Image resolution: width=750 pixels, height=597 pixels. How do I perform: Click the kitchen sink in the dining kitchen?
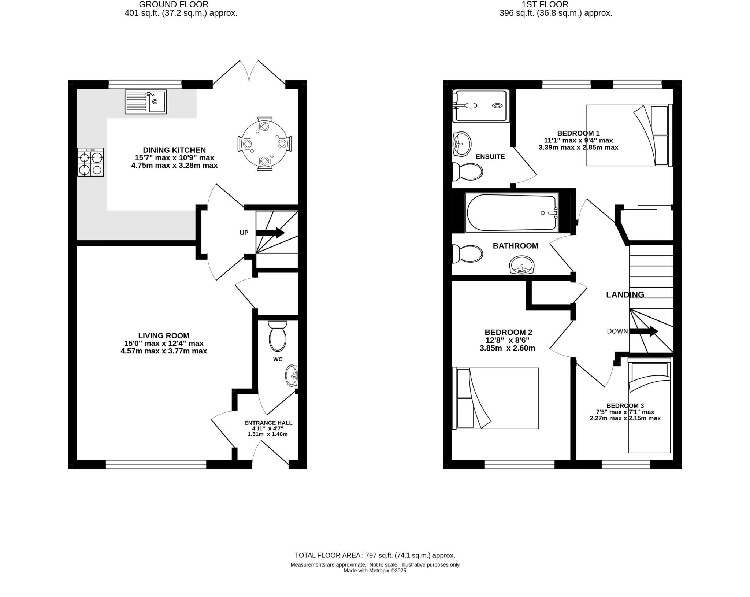145,101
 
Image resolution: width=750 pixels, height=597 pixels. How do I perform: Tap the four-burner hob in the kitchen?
90,162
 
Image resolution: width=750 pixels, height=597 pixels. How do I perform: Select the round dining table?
264,144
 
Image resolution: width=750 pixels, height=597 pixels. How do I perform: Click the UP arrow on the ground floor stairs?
270,233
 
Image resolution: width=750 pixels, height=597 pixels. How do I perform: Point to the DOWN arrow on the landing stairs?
643,331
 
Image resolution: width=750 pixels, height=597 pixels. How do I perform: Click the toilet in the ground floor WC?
277,336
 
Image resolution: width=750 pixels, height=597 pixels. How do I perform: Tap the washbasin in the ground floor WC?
292,375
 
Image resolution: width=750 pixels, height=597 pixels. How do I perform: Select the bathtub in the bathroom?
512,213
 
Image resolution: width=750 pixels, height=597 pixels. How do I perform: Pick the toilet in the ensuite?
467,171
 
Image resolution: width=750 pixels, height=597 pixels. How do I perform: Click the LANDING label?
625,294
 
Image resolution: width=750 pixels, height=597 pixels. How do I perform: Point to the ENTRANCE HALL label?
268,423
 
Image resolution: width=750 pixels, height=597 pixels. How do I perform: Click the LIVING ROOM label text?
164,335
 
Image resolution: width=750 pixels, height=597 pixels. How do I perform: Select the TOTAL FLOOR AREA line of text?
375,555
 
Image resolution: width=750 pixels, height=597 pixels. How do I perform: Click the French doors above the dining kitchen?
249,73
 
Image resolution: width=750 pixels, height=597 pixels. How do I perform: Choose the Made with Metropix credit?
375,571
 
